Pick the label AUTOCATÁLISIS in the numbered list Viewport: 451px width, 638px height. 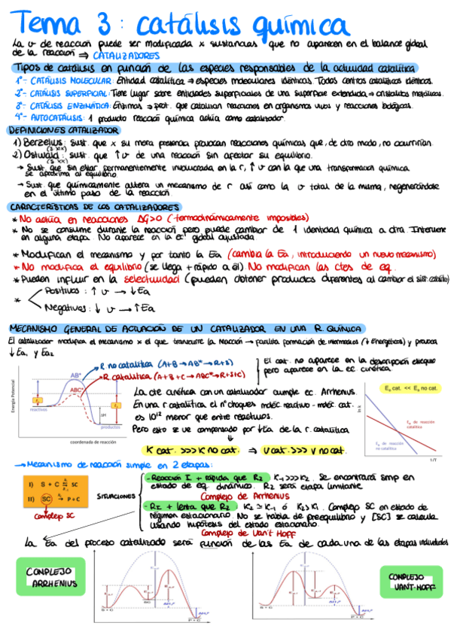(x=57, y=117)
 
